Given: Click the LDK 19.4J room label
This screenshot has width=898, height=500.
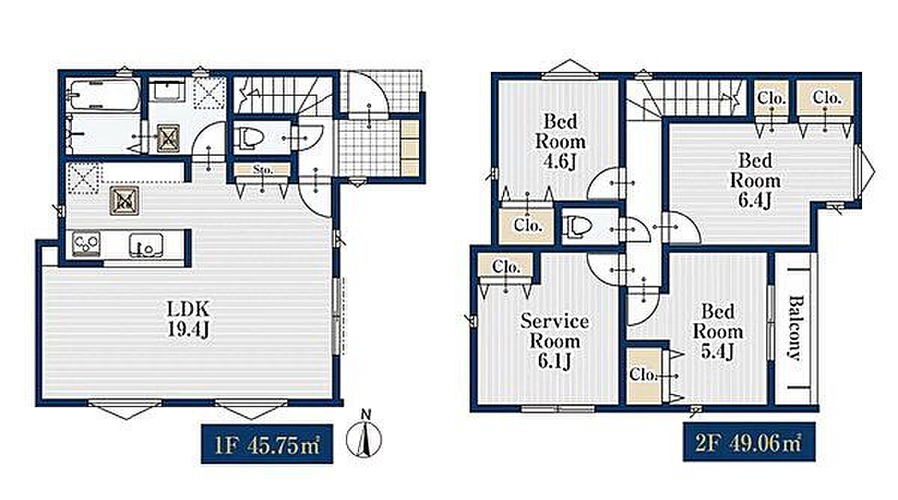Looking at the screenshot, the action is [x=188, y=319].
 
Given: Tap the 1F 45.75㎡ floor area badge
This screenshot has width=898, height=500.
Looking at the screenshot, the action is [x=267, y=444].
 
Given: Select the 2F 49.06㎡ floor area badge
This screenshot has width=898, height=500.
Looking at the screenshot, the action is [x=749, y=442].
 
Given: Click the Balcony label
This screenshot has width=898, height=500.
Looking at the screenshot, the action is [x=796, y=328].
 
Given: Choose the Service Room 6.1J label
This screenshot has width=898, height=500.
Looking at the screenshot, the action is [x=555, y=341].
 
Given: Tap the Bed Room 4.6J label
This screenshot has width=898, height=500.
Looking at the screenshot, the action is [x=561, y=141].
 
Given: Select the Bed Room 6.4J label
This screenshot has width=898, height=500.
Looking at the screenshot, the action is [x=755, y=181].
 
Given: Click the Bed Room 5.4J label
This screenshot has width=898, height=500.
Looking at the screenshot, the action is [x=718, y=332].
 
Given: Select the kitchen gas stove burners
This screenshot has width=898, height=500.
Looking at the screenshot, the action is [x=86, y=243].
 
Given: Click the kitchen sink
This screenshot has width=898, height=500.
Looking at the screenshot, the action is [x=146, y=245].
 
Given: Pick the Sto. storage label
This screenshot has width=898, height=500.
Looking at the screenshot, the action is [x=263, y=170].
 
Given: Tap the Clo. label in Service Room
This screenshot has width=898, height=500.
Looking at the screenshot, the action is [x=506, y=266].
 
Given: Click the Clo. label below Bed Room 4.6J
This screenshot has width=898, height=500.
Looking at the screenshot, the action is [x=528, y=225].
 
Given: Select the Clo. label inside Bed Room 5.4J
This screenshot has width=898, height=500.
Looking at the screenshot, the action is [x=643, y=375].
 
